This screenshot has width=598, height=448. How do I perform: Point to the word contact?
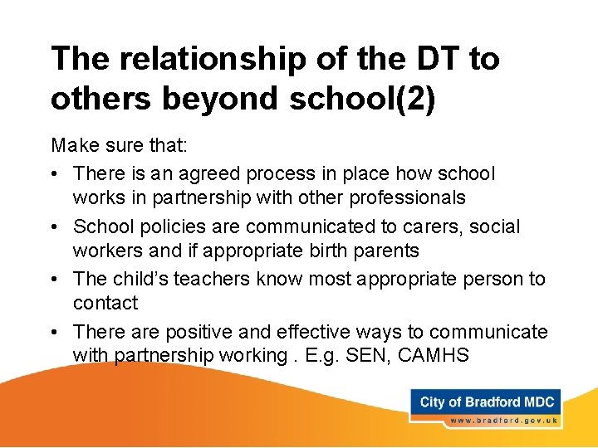tap(105, 303)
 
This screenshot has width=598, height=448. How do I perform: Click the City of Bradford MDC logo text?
tap(486, 402)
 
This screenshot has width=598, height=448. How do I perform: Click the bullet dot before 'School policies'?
tap(56, 227)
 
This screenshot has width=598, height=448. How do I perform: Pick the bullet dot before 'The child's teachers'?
tap(56, 280)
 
